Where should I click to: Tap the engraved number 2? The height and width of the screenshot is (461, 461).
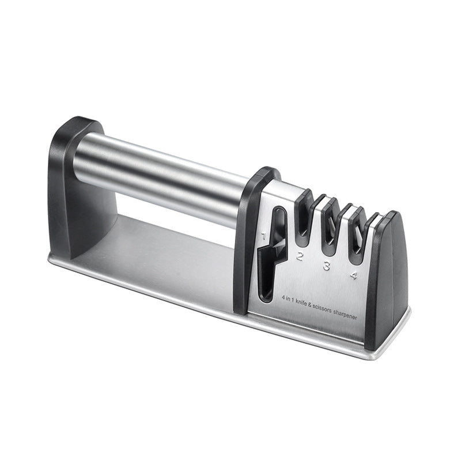pyautogui.click(x=299, y=256)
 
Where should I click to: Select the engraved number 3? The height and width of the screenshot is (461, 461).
pyautogui.click(x=326, y=266)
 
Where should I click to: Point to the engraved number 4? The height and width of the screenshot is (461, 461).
pyautogui.click(x=353, y=275)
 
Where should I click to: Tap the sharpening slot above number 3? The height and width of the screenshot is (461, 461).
pyautogui.click(x=330, y=231)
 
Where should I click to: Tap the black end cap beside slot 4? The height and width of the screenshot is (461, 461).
pyautogui.click(x=386, y=277)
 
